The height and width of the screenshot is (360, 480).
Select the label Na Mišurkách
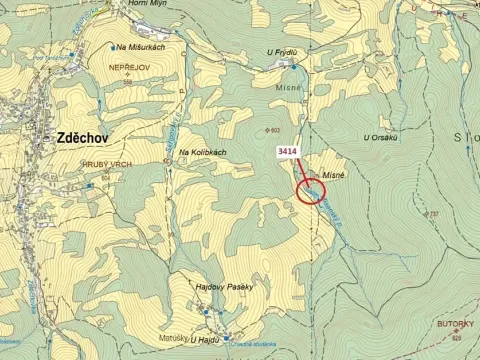point(141,47)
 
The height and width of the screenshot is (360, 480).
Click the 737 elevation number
point(433,214)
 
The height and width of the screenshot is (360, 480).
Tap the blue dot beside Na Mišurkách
point(112,47)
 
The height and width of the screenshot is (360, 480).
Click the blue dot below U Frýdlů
point(293,68)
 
